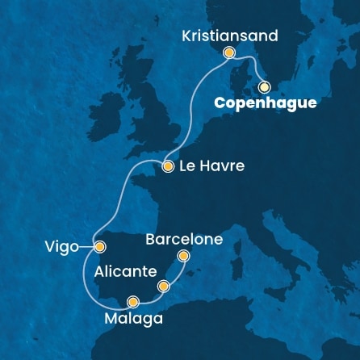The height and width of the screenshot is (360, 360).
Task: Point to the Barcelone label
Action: coord(183,240)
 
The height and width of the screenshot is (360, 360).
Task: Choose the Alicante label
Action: coord(125,273)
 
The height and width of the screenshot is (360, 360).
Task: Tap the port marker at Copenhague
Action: coord(264,86)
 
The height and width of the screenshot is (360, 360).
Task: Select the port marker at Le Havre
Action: coord(168,167)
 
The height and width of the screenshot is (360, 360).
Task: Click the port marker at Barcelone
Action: coord(183,257)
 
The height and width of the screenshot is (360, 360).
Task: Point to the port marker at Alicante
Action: coord(164,286)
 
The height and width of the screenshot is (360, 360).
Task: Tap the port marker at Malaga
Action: coord(133,303)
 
